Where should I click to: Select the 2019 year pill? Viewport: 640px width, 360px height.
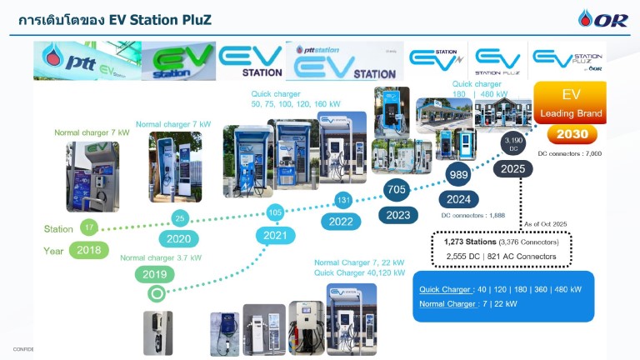[x=155, y=274]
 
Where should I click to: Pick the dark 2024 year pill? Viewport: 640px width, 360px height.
[x=458, y=199]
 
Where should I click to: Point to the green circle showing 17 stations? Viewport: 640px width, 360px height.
[x=88, y=227]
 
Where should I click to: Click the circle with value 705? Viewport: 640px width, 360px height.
[x=397, y=190]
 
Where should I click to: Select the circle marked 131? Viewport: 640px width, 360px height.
[x=342, y=200]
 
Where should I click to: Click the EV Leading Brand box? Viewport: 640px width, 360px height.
[x=571, y=104]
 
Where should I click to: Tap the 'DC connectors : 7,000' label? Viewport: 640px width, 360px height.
[x=569, y=154]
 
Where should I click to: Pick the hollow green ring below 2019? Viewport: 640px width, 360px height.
[x=155, y=293]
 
